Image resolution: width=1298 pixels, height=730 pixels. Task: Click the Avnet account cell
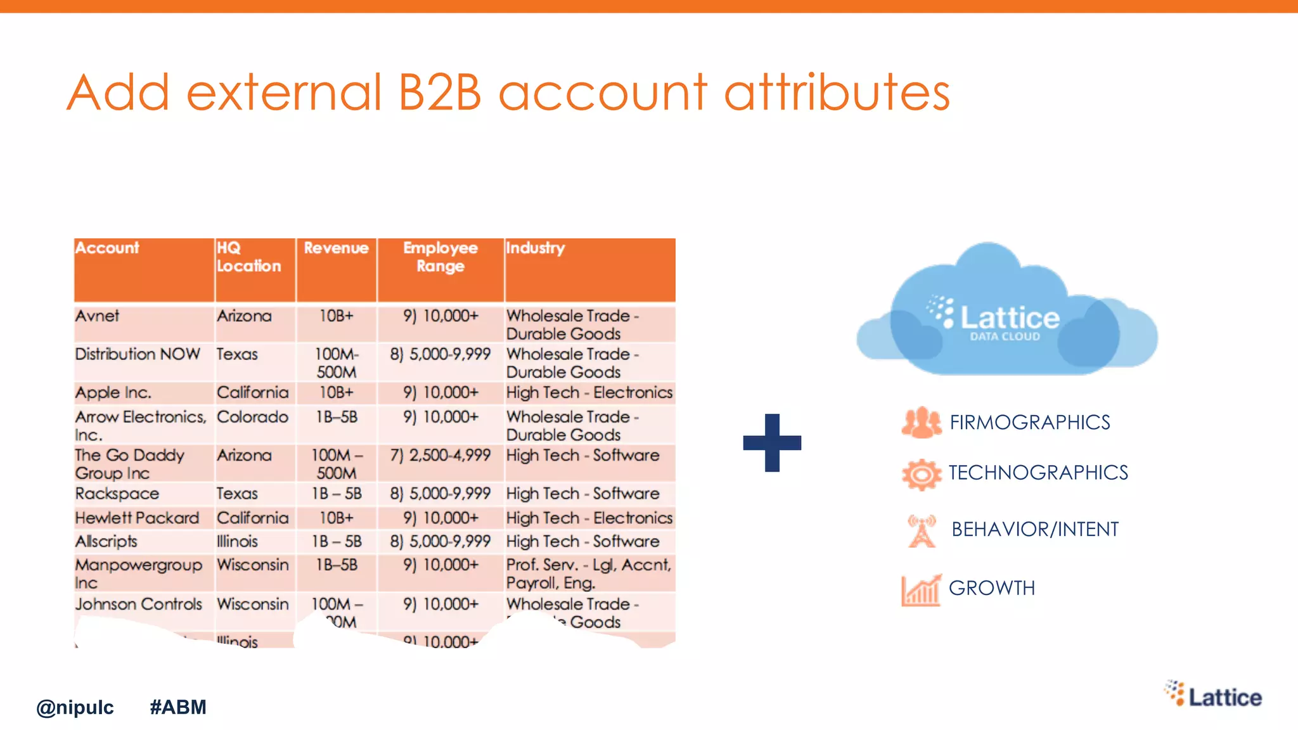click(x=98, y=316)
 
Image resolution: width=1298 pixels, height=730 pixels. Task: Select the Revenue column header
click(x=336, y=248)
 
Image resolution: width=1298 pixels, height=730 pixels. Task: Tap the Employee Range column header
click(x=440, y=257)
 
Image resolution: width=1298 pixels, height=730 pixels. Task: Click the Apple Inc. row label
click(x=113, y=393)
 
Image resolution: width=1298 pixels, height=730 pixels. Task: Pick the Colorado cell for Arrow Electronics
click(x=252, y=417)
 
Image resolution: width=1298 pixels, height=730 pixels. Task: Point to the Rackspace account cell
click(x=117, y=494)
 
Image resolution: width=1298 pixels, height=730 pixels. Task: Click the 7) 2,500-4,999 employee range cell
click(x=440, y=456)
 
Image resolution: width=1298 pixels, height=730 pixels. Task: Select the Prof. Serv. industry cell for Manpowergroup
click(x=589, y=573)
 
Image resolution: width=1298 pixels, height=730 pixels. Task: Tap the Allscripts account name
click(x=106, y=542)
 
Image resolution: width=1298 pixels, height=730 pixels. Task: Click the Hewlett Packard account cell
click(x=137, y=518)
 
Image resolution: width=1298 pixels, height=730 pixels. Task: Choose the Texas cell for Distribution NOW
click(x=237, y=354)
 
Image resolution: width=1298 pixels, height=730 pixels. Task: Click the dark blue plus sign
click(x=772, y=442)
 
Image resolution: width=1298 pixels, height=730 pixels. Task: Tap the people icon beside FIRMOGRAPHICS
click(x=921, y=423)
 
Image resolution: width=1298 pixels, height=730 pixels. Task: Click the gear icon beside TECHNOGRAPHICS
click(x=922, y=474)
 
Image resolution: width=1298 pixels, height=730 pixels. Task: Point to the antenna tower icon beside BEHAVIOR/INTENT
click(x=922, y=530)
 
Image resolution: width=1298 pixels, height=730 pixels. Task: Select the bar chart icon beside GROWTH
click(x=921, y=590)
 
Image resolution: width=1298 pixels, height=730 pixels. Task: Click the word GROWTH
click(x=992, y=588)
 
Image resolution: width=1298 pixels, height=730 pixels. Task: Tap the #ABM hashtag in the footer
click(x=178, y=707)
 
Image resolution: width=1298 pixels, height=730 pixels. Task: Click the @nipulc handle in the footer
click(x=75, y=707)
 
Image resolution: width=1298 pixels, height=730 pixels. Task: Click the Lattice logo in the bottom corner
click(x=1213, y=696)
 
